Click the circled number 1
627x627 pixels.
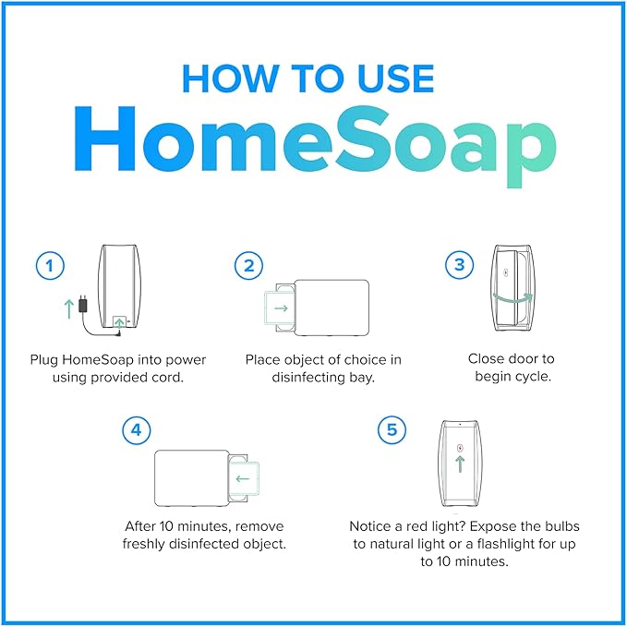click(x=50, y=267)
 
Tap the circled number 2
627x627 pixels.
click(x=247, y=267)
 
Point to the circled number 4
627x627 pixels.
click(x=137, y=429)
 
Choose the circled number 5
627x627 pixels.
click(x=392, y=429)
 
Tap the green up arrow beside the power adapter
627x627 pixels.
click(x=67, y=307)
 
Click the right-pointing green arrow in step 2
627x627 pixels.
click(x=281, y=307)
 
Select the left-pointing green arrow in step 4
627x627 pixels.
click(x=244, y=478)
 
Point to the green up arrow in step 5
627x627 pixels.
click(x=460, y=464)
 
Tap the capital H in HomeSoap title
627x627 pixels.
click(x=104, y=145)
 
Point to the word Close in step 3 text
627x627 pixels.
click(x=488, y=358)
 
